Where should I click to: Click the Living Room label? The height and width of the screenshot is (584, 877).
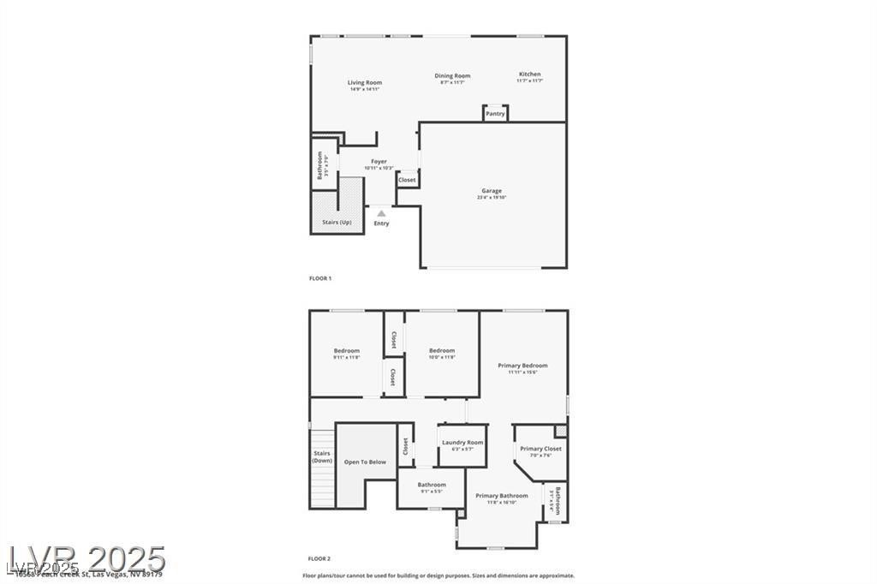click(365, 83)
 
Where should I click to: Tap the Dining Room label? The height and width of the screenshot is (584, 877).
click(452, 76)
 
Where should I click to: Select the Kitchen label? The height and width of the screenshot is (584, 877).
click(529, 74)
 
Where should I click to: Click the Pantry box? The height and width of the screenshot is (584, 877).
click(495, 113)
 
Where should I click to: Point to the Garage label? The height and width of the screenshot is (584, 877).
click(492, 191)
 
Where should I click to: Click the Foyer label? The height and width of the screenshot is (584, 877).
click(379, 162)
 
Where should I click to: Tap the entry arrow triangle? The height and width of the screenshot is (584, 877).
click(381, 213)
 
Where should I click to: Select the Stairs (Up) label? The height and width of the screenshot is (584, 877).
click(337, 223)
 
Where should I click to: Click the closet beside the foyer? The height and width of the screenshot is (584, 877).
click(407, 181)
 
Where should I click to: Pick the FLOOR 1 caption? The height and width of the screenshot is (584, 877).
click(319, 278)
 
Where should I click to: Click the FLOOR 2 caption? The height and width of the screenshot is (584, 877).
click(319, 557)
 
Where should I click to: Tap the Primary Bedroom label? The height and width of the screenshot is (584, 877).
click(522, 366)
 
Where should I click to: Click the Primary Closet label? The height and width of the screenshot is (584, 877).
click(540, 449)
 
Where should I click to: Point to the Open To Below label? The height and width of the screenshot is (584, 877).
click(365, 462)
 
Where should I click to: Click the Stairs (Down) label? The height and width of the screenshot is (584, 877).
click(322, 457)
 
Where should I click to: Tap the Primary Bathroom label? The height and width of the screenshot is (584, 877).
click(502, 496)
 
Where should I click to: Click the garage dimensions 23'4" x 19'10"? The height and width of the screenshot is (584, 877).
click(492, 198)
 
